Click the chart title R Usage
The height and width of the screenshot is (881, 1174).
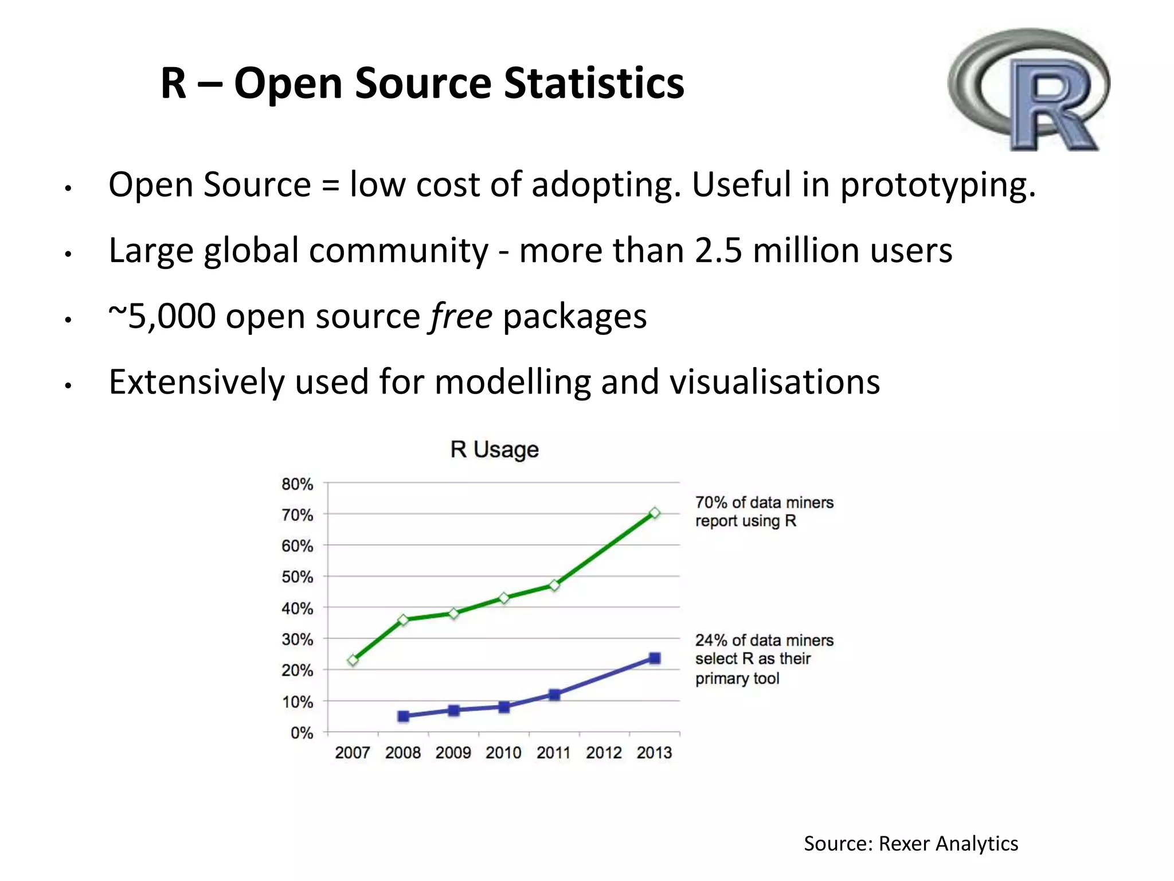click(x=494, y=449)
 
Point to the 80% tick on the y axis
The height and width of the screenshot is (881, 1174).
click(x=297, y=484)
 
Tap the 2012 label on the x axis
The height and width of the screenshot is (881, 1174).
click(x=604, y=752)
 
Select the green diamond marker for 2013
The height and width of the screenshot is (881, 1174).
click(x=655, y=513)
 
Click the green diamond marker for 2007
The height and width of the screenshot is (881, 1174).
click(x=353, y=660)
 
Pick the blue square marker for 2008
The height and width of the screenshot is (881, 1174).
click(x=403, y=716)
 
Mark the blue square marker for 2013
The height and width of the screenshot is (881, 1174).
click(x=655, y=658)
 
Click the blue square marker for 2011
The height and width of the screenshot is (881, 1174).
click(x=554, y=695)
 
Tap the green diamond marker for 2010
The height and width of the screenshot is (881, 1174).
click(x=504, y=598)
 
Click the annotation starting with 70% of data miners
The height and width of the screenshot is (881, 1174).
click(x=764, y=511)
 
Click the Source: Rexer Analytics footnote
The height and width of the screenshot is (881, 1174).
click(x=910, y=843)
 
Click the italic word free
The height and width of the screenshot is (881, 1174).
click(x=461, y=316)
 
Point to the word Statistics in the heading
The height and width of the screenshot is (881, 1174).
click(x=594, y=83)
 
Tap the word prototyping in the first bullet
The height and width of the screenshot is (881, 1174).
click(x=938, y=185)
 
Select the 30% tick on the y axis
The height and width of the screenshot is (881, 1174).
click(x=297, y=639)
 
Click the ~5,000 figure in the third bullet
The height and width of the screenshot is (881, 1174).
click(x=162, y=316)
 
